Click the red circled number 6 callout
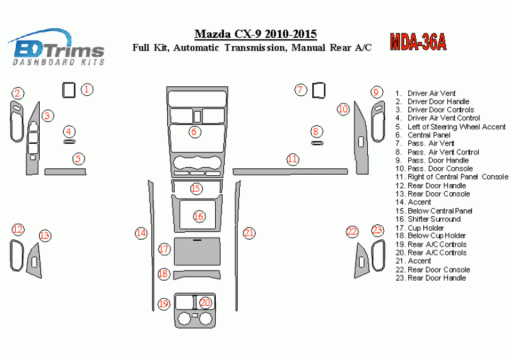pos(194,132)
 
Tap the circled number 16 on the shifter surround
pos(199,216)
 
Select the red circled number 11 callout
pos(292,159)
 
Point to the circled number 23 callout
pos(377,231)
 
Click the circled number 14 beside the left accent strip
pos(141,233)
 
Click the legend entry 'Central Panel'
pos(428,135)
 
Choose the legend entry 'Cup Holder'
pos(425,228)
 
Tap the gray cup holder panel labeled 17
pos(197,252)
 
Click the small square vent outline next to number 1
pos(68,90)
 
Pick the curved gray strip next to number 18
pos(197,273)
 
